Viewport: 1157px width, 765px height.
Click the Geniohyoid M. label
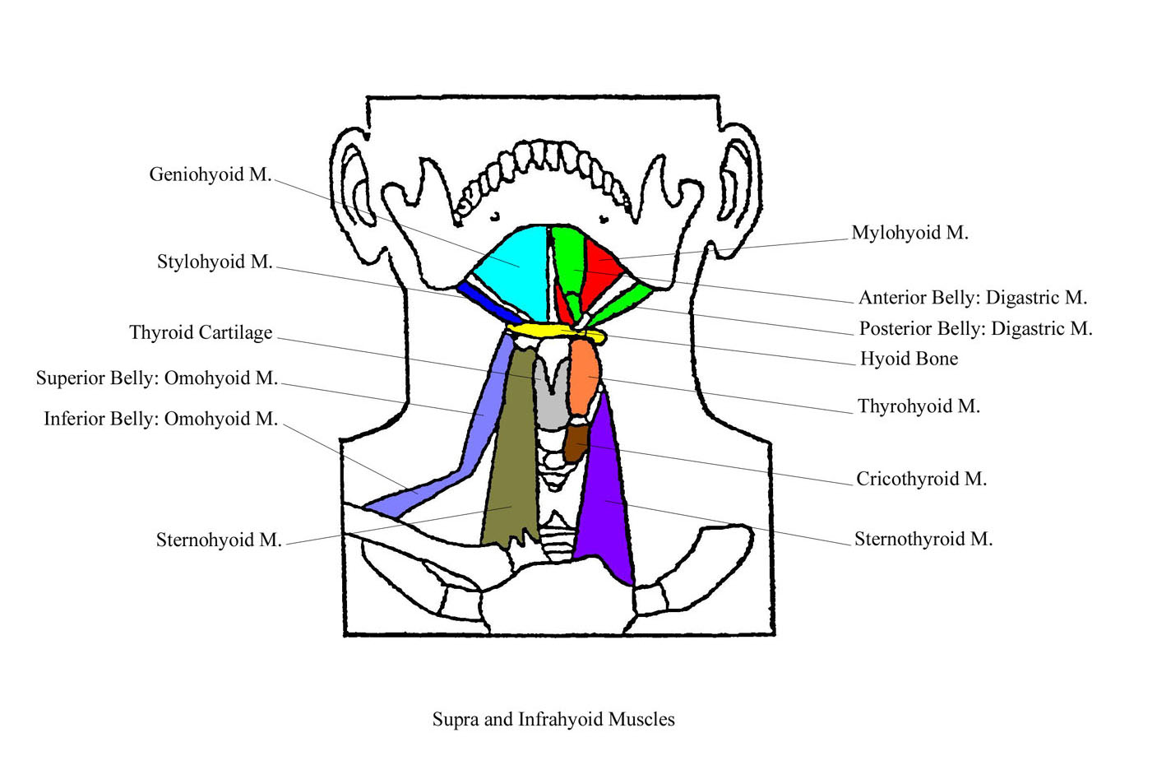pos(210,174)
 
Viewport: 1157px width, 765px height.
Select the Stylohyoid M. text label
pos(214,262)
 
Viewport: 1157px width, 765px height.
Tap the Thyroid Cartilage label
pos(201,332)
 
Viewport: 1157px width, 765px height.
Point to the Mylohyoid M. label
pos(909,233)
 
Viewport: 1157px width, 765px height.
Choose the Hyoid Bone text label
pos(909,359)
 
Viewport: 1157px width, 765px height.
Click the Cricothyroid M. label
pos(921,479)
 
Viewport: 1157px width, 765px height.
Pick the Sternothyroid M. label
pos(923,539)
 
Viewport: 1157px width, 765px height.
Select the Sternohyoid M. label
pos(219,540)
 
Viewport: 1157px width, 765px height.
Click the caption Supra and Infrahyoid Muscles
pos(553,719)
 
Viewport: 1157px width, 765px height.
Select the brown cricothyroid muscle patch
pos(575,442)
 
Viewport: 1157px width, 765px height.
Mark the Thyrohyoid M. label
pos(919,406)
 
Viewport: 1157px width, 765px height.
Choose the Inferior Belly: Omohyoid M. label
pos(160,419)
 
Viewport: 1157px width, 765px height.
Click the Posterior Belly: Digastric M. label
pos(975,329)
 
